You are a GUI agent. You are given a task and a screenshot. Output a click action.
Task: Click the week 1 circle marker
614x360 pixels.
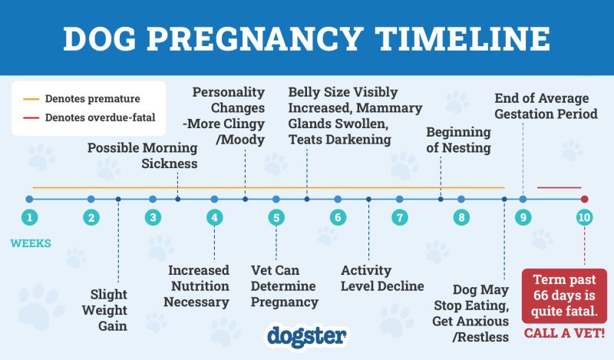(x=29, y=216)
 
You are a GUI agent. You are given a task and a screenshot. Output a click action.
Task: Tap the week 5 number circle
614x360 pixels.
(x=276, y=216)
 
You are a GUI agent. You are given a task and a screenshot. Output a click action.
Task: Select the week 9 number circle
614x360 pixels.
(x=523, y=216)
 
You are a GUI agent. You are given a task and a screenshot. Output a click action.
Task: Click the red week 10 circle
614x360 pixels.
(x=584, y=216)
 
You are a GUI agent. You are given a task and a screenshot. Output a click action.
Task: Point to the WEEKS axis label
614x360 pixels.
(x=31, y=244)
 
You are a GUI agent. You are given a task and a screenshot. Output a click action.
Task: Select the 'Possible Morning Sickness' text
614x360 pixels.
(x=142, y=156)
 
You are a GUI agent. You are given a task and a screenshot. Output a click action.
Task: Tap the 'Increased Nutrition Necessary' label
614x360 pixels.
(x=199, y=286)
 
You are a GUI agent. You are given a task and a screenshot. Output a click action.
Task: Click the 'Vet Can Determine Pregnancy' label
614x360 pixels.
(x=285, y=286)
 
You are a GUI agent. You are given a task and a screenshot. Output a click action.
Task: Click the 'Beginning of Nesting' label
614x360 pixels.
(x=458, y=140)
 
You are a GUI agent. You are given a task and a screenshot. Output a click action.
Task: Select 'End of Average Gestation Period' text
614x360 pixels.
(x=546, y=106)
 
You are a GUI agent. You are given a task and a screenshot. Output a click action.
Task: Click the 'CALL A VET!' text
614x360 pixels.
(x=564, y=334)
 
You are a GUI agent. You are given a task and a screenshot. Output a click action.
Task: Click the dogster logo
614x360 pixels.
(x=307, y=335)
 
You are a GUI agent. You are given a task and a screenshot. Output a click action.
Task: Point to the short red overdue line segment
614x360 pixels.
(x=559, y=187)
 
